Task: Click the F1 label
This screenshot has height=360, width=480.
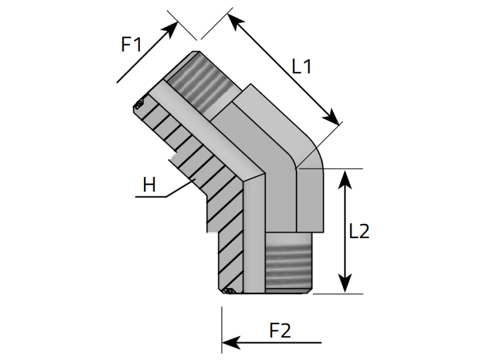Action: [131, 44]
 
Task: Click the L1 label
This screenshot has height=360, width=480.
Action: [302, 65]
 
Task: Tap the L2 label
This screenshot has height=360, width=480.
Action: [359, 232]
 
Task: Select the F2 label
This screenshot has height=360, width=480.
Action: [280, 331]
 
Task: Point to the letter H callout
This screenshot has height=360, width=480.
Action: [149, 185]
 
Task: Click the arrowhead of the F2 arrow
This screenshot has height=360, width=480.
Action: [229, 343]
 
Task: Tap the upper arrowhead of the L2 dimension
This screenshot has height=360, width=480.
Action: [345, 175]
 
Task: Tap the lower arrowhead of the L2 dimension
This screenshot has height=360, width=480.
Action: [345, 287]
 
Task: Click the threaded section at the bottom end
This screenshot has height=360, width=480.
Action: [289, 264]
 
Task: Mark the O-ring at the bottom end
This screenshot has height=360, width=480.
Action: [228, 292]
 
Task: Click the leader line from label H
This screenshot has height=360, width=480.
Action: [180, 189]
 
